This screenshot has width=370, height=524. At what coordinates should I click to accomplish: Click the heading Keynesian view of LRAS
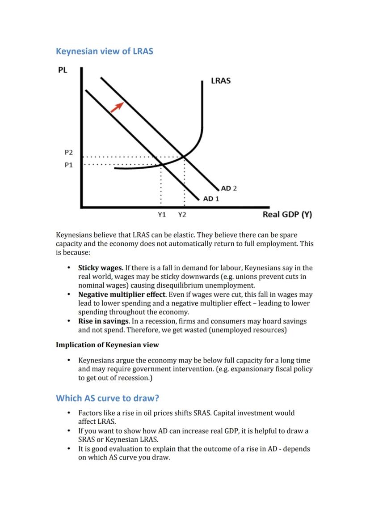pos(104,51)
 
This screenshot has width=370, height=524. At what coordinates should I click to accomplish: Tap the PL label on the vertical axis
pos(63,70)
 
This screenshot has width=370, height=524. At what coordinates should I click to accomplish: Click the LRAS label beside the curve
pos(221,81)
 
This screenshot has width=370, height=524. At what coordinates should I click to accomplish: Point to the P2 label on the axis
pos(68,153)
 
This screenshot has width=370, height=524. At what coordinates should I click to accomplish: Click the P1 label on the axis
pos(68,165)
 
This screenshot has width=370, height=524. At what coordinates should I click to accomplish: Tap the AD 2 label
pos(229,188)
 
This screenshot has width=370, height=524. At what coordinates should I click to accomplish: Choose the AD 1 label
pos(211,199)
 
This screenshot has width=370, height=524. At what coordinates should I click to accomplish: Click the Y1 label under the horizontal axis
pos(162,215)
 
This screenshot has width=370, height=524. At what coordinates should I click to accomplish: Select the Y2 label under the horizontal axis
pos(182,215)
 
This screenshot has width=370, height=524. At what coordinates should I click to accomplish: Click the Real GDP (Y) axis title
pos(287,214)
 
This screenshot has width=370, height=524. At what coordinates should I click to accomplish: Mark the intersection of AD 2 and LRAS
pos(184,157)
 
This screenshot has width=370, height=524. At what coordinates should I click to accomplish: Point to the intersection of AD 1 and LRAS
pos(162,164)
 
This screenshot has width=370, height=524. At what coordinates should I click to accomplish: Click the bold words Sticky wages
pos(101,268)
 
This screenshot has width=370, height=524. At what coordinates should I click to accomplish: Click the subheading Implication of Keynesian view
pos(107,345)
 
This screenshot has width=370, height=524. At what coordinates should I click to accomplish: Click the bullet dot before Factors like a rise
pos(69,413)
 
